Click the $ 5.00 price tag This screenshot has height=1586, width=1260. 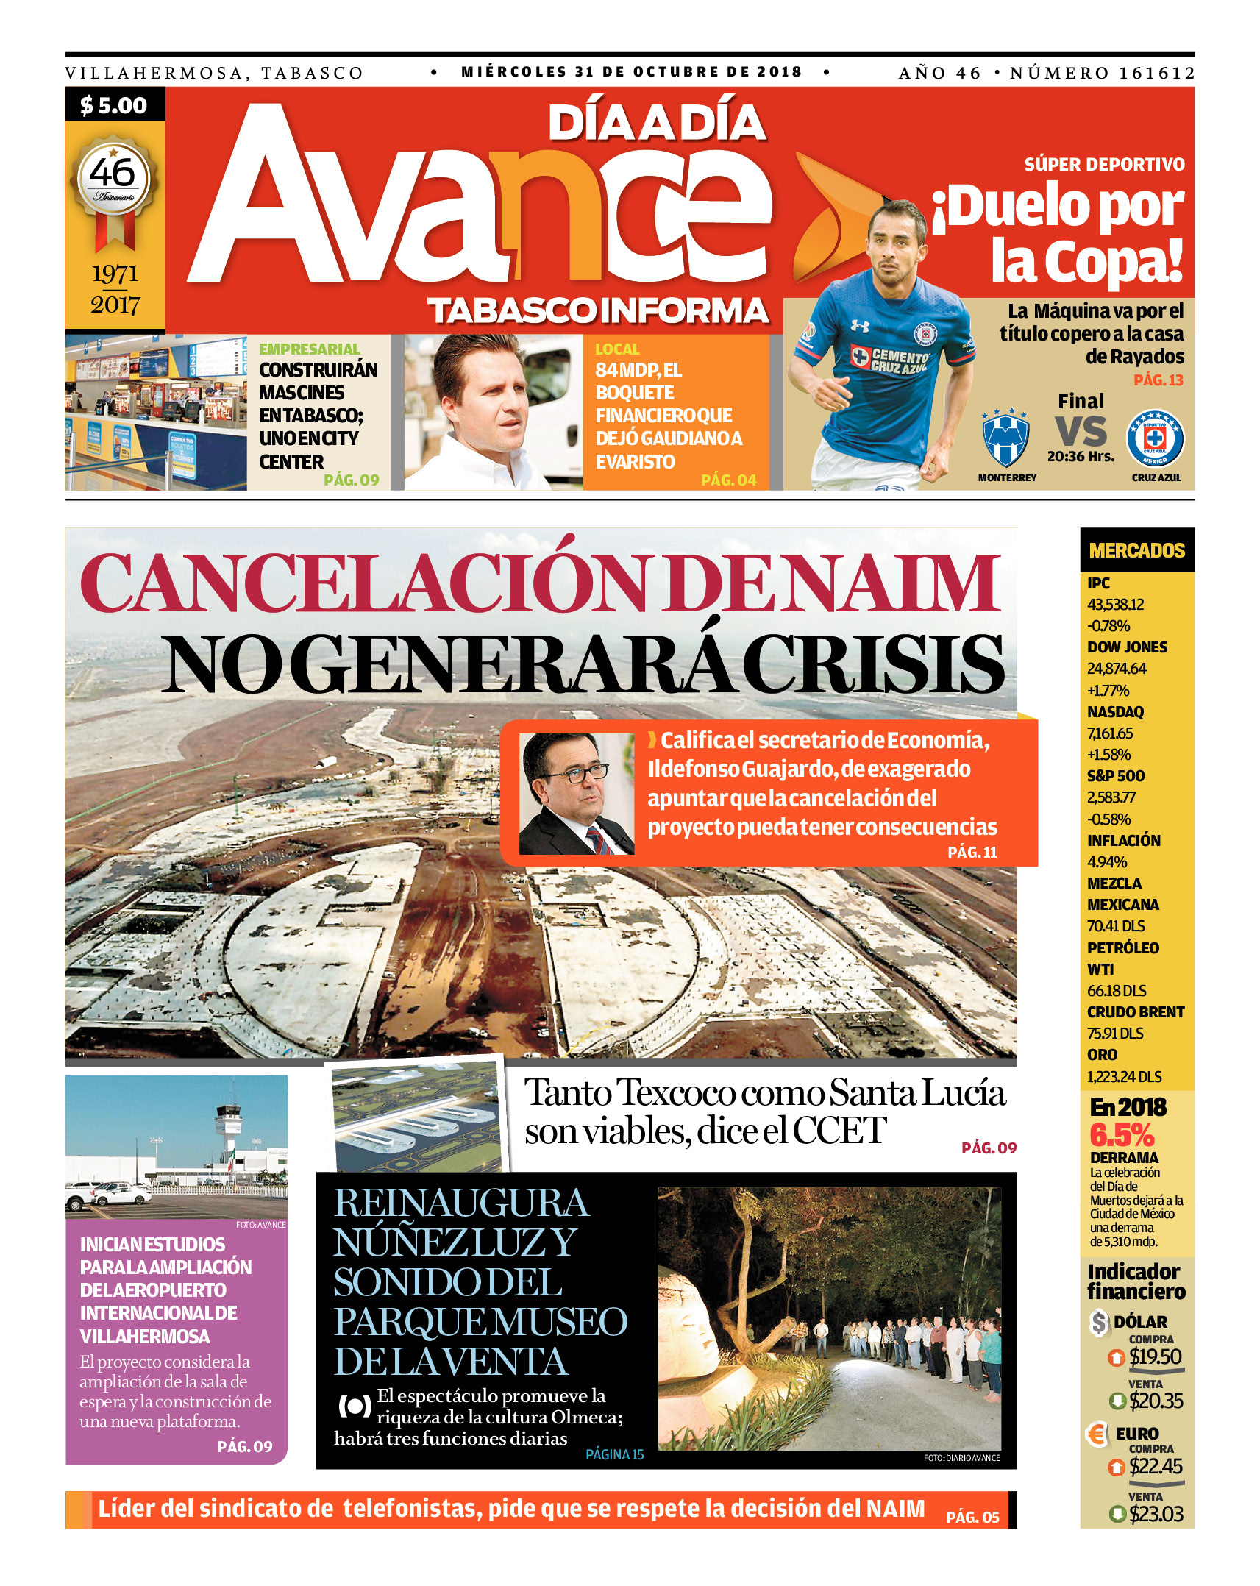coord(114,105)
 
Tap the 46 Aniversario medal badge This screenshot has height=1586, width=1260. coord(113,179)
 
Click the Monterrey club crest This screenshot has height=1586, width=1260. coord(1005,439)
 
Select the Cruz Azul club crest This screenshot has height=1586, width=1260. coord(1155,439)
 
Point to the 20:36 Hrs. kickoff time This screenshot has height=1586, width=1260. coord(1081,457)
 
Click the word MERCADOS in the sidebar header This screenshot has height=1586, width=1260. coord(1136,550)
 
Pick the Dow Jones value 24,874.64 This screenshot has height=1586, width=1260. coord(1117,669)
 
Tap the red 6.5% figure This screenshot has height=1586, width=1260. coord(1122,1135)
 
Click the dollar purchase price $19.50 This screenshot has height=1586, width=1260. coord(1156,1357)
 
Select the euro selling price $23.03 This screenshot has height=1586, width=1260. coord(1156,1515)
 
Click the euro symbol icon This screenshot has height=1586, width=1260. coord(1097,1434)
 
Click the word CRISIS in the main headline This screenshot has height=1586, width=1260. coord(874,664)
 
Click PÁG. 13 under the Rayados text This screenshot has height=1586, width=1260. coord(1158,380)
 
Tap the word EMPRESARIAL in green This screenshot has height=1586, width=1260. coord(309,349)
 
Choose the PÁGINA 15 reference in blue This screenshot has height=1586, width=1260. coord(614,1454)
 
